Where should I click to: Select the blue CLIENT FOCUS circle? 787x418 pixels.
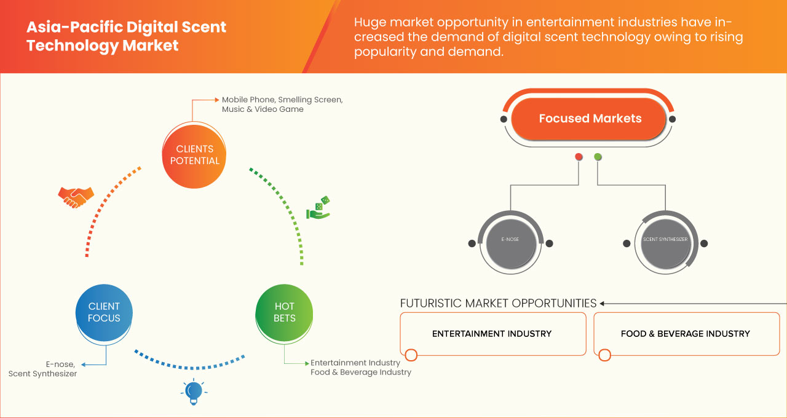(x=104, y=312)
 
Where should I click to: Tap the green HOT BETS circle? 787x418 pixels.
(x=284, y=312)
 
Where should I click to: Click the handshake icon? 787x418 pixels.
(x=76, y=197)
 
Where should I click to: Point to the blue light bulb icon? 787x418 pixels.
(x=194, y=391)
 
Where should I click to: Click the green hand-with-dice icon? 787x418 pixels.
(x=318, y=208)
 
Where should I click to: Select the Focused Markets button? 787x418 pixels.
(x=590, y=119)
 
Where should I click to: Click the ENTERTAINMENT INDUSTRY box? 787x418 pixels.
(x=492, y=334)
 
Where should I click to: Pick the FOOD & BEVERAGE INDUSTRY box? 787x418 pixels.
(x=686, y=334)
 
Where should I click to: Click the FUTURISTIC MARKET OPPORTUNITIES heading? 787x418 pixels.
(x=498, y=303)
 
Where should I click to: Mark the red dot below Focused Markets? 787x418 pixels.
(x=579, y=157)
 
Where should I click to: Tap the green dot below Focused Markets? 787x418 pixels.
(x=598, y=157)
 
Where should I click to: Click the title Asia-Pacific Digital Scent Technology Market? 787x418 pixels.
(x=126, y=36)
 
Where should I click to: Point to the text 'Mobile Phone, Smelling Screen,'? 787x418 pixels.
(x=282, y=100)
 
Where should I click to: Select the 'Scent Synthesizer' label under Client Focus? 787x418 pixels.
(x=42, y=374)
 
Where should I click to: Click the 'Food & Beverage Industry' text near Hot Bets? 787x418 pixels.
(x=361, y=372)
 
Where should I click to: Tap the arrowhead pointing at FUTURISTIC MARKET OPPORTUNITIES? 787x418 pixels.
(x=603, y=303)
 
